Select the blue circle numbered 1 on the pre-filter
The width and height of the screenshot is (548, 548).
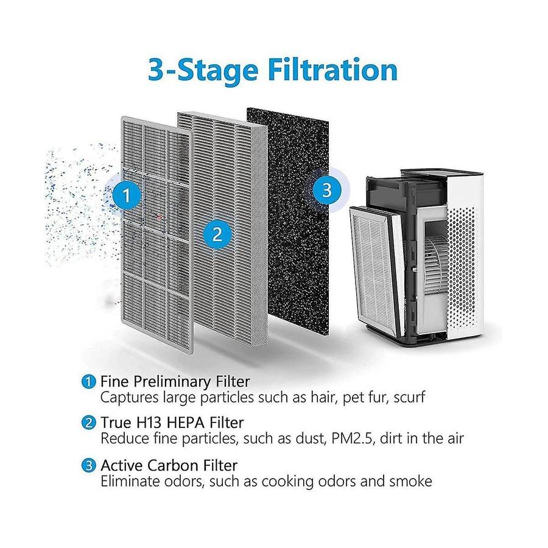127,195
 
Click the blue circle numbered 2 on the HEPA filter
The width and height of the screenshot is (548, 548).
217,234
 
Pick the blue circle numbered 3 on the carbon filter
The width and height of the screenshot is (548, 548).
326,190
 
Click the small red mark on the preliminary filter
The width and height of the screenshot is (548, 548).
160,217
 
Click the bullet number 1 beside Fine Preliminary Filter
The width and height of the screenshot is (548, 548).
88,381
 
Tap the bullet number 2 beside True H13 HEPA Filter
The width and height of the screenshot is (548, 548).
88,423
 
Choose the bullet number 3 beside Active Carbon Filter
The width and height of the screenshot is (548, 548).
88,466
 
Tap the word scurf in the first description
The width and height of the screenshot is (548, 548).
409,398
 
